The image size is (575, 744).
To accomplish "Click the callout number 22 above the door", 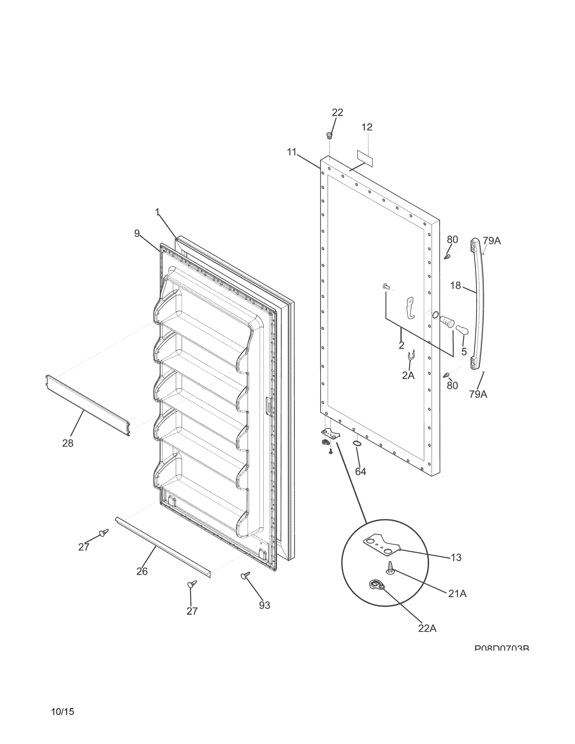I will (x=337, y=113).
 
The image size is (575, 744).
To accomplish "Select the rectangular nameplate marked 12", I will (x=365, y=158).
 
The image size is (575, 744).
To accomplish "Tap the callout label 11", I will (x=291, y=152).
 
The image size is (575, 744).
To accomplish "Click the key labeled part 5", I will (x=461, y=329).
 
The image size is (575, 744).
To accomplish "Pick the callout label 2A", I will (x=408, y=375).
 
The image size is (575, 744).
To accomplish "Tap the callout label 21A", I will (x=457, y=594).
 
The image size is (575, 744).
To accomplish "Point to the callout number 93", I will (x=264, y=606).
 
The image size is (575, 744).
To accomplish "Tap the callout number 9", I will (x=137, y=234).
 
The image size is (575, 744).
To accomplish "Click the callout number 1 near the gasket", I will (x=157, y=213).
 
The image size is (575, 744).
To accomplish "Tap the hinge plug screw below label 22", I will (x=329, y=135).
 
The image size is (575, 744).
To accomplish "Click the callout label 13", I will (x=456, y=558).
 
